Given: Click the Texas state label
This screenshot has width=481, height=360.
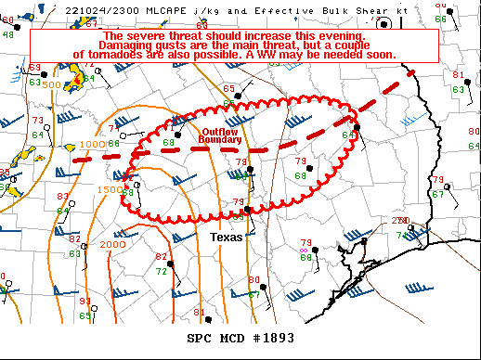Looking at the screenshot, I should [x=226, y=238].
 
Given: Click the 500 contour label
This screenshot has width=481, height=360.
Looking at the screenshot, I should [x=52, y=84].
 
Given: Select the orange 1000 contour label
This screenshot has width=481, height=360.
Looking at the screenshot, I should [x=91, y=145].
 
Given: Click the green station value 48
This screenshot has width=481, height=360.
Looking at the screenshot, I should [x=8, y=33].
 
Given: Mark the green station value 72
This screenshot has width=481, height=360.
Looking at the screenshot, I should [x=161, y=272].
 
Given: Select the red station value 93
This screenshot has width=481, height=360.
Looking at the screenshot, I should [x=84, y=301].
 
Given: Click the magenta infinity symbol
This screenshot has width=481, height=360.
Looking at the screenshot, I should [x=304, y=250].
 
